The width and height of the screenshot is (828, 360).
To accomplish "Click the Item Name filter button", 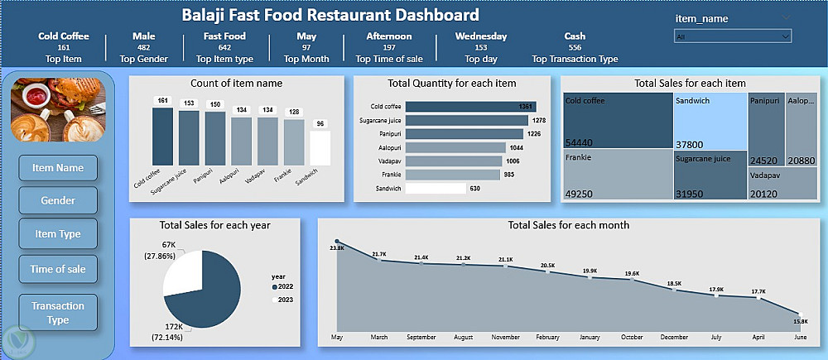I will tap(57, 168).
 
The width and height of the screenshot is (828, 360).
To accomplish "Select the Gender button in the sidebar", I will tap(57, 200).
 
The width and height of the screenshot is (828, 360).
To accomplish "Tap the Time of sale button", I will tap(57, 268).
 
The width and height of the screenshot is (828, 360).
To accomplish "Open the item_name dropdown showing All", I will tap(733, 36).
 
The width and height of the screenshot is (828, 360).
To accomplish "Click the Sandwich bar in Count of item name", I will tap(320, 148).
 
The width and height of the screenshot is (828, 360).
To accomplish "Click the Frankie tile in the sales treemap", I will tap(617, 174).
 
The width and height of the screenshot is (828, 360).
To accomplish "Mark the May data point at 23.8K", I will tap(337, 242).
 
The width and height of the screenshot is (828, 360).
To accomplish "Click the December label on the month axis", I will tap(674, 338).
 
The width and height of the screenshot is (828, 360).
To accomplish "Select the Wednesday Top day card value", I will tap(481, 36).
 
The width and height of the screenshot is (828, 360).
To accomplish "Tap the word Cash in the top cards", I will tap(575, 36).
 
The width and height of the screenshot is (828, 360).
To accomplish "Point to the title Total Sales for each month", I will tap(568, 225).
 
